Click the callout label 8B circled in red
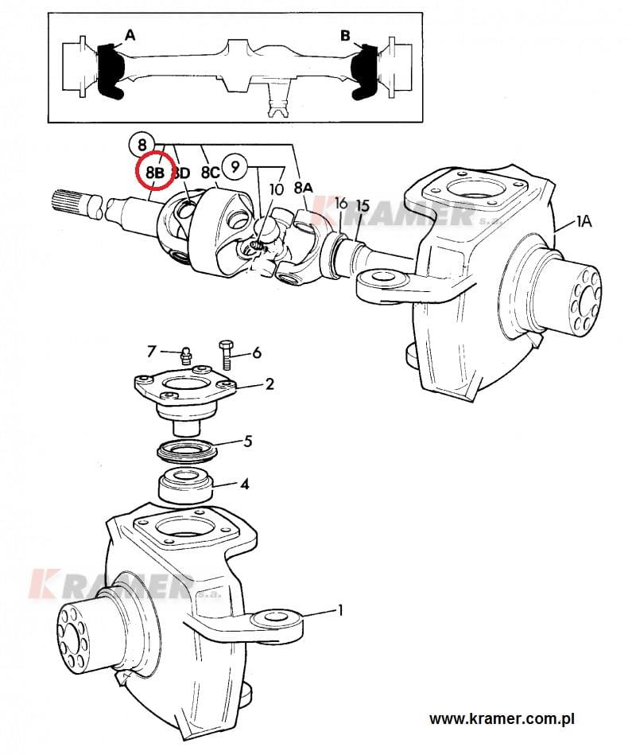(155, 172)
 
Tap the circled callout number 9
(235, 166)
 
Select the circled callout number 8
(141, 144)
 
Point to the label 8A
(303, 188)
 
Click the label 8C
(210, 173)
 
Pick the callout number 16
(341, 203)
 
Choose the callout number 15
(363, 206)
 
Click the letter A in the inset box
(130, 35)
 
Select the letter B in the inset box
(345, 36)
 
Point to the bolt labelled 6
(226, 354)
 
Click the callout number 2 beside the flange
(270, 383)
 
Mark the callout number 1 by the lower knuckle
(340, 610)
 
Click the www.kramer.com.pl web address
(502, 719)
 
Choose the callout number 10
(277, 189)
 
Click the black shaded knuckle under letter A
(110, 72)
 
